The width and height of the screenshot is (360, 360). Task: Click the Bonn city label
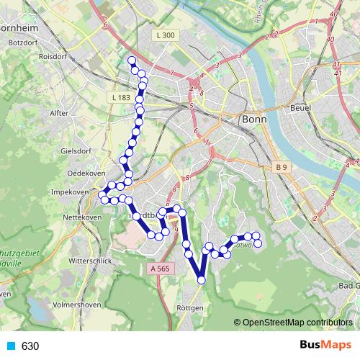coord(255,120)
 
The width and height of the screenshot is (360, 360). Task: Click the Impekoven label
coord(70,192)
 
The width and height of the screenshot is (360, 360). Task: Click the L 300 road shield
coord(165,35)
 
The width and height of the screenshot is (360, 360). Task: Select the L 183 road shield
coord(122,97)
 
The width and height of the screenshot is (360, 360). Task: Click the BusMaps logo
coord(322,346)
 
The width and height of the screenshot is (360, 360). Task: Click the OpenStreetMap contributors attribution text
coord(297,323)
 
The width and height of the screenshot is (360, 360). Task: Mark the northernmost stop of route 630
coord(132,60)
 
